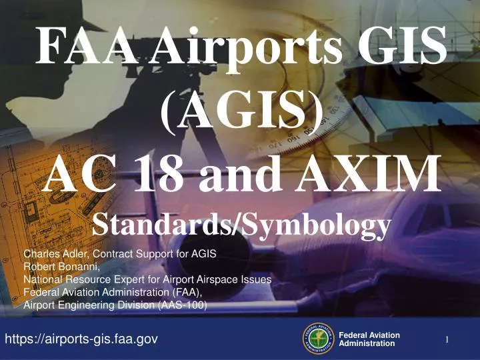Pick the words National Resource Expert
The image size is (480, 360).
(x=81, y=279)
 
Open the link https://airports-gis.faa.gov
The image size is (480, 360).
(x=81, y=339)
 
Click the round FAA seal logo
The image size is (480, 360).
(x=318, y=339)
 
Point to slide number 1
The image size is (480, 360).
(x=447, y=341)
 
